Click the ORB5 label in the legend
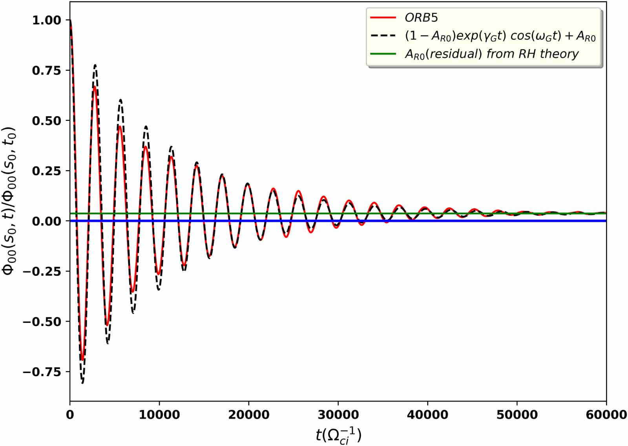(x=421, y=18)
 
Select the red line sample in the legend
(x=383, y=18)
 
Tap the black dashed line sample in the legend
(x=383, y=36)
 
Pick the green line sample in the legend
(x=383, y=54)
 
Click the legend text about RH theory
(x=492, y=54)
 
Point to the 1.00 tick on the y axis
(x=46, y=20)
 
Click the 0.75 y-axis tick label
(x=46, y=70)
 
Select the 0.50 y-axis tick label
(x=46, y=120)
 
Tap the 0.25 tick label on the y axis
(x=46, y=171)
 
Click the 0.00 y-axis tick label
(x=46, y=221)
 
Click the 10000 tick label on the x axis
(x=159, y=415)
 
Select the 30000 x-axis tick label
(x=338, y=415)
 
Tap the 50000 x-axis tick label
(x=517, y=415)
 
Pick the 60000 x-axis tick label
(x=606, y=415)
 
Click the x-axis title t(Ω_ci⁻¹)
(x=338, y=435)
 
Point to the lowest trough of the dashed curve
(x=82, y=383)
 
